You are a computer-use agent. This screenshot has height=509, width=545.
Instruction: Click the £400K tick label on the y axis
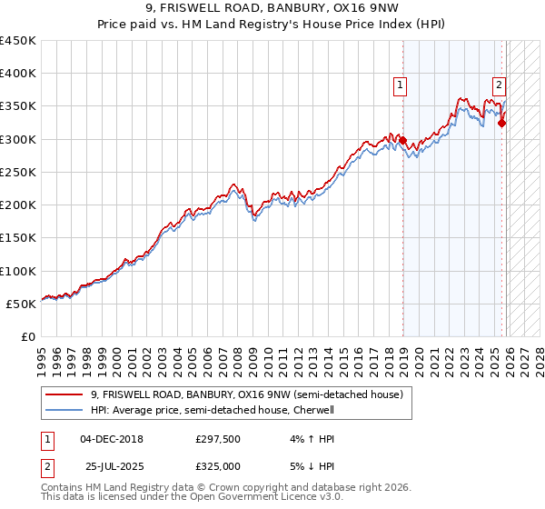(18, 74)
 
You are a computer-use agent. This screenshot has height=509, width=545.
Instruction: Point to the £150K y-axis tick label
(18, 238)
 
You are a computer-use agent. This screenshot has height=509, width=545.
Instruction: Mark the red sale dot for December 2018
(402, 140)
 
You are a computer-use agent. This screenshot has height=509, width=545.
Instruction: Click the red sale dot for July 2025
(501, 123)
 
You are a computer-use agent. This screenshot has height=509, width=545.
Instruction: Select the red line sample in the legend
(65, 394)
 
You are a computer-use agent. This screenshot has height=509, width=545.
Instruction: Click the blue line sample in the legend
(65, 410)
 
